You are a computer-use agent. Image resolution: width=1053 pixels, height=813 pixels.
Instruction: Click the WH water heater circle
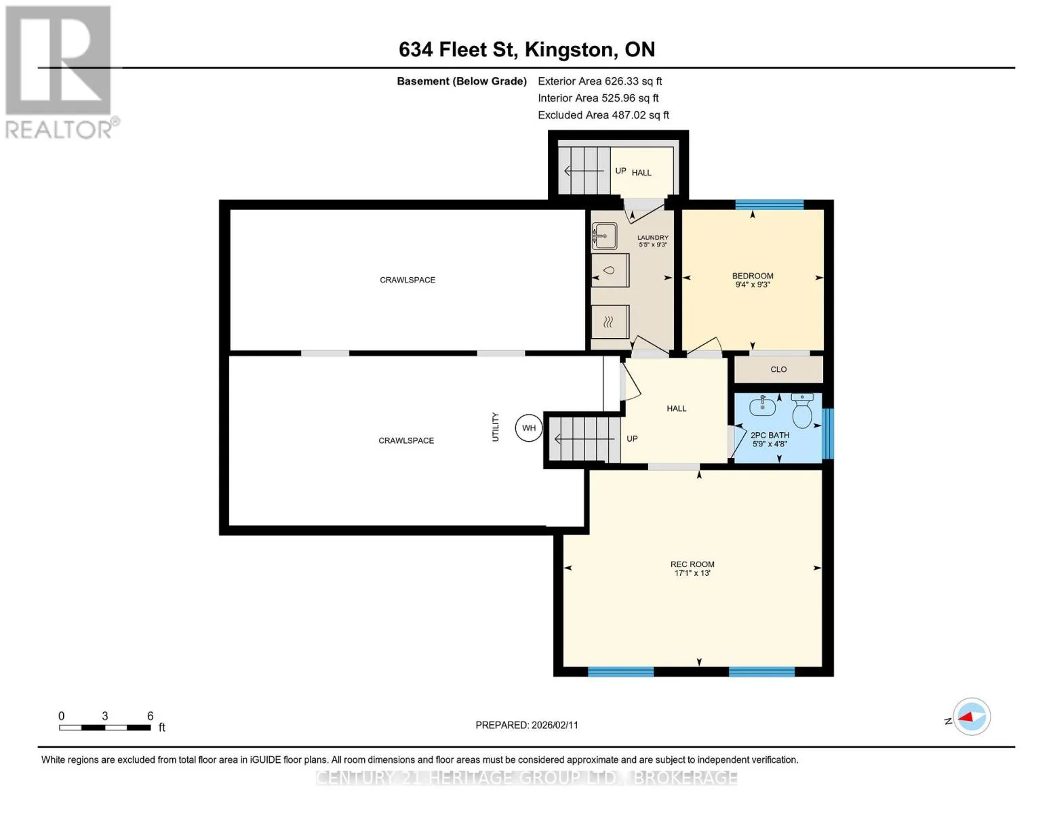pos(528,428)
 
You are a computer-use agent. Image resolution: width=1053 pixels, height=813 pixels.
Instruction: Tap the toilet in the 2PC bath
pos(801,411)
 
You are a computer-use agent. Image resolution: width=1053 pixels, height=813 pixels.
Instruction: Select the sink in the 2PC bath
pos(763,406)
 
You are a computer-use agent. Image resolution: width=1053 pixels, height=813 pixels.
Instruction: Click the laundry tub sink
pos(604,236)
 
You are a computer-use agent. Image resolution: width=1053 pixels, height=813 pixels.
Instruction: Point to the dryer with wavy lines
pos(610,322)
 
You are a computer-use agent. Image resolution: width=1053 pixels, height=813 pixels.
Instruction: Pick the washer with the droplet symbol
pos(610,270)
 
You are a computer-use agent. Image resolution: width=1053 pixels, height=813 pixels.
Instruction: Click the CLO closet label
pos(778,369)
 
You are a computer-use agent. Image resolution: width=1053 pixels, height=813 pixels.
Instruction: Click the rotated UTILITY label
pos(495,427)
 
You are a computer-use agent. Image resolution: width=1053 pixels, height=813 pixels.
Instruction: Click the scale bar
pos(104,727)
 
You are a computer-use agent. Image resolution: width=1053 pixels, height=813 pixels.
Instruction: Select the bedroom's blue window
pos(769,205)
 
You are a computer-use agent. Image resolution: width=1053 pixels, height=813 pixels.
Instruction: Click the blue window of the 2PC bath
pos(828,434)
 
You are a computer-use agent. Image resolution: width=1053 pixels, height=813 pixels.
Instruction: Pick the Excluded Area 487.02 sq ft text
pos(603,115)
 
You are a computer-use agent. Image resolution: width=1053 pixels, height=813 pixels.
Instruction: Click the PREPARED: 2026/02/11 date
pos(527,725)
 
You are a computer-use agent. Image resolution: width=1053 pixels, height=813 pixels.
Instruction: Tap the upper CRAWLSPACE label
pos(407,280)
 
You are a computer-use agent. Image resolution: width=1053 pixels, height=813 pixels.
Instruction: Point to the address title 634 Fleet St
pos(458,49)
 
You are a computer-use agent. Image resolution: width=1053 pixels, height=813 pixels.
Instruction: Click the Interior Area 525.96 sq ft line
pos(598,98)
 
